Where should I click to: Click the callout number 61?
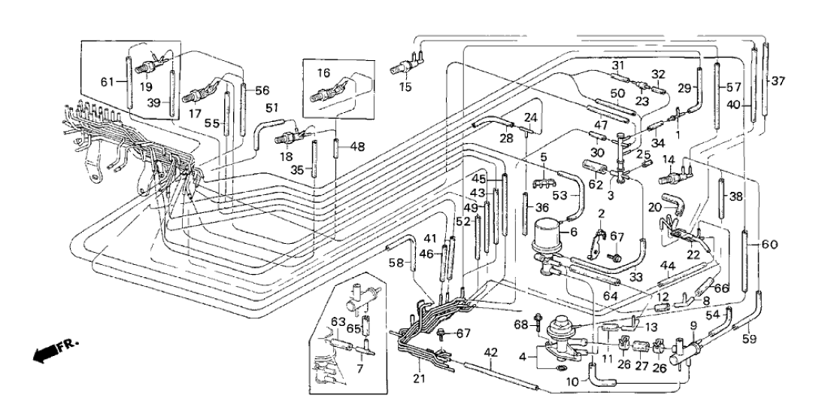point(107,81)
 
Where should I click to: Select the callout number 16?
point(323,73)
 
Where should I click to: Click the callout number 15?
point(405,88)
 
